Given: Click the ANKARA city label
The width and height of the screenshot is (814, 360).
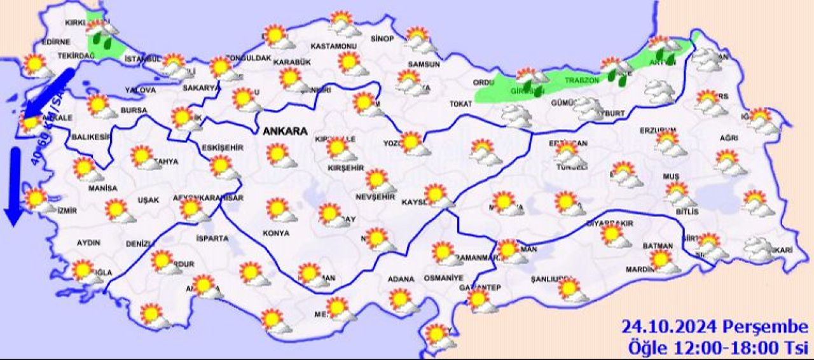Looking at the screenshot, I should click(x=284, y=132).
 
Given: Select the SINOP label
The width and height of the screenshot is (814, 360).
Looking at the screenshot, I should click(x=382, y=39).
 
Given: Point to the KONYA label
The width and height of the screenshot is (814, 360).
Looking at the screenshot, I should click(x=275, y=233).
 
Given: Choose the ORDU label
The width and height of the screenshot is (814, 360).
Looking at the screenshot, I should click(x=484, y=83).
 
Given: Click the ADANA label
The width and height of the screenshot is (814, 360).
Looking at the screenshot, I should click(x=401, y=279).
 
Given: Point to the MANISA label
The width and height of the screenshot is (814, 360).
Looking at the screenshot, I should click(x=102, y=188).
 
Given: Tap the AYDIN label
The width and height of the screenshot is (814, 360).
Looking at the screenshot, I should click(x=88, y=243).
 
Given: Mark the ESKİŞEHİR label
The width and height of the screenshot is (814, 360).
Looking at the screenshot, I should click(x=222, y=148).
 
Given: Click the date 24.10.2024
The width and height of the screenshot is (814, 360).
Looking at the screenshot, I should click(x=670, y=328).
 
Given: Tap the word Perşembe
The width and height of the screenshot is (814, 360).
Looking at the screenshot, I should click(x=766, y=328).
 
